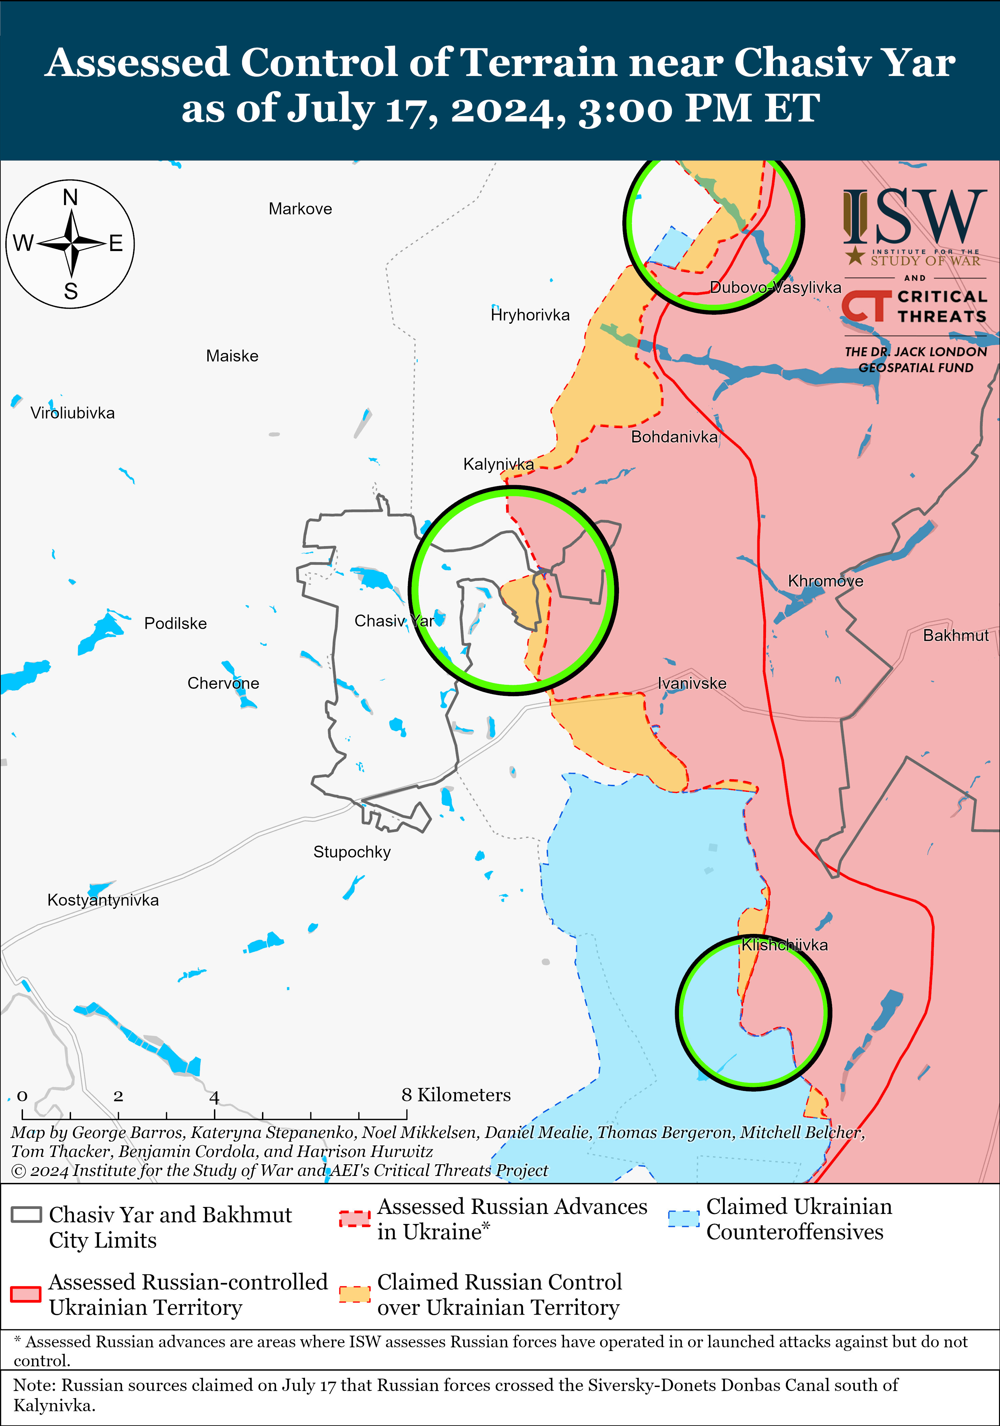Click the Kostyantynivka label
click(x=103, y=900)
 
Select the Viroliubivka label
click(x=73, y=413)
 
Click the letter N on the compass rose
click(x=71, y=197)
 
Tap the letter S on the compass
click(x=71, y=291)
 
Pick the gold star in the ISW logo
click(x=855, y=255)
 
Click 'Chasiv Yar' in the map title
click(x=845, y=63)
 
